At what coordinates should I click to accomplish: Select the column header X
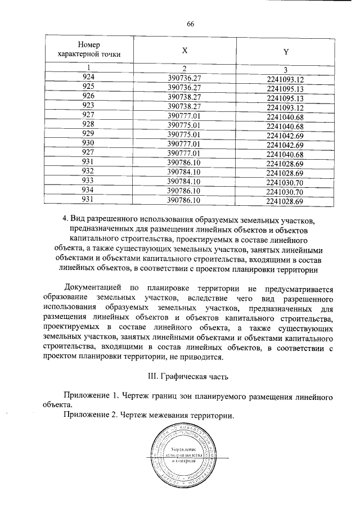(184, 50)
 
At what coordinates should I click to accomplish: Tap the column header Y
(285, 51)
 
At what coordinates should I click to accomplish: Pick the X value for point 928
(184, 124)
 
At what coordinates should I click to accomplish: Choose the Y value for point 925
(285, 89)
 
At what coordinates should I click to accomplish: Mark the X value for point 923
(184, 106)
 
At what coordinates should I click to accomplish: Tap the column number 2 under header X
(184, 69)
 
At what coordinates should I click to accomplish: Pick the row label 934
(88, 191)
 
